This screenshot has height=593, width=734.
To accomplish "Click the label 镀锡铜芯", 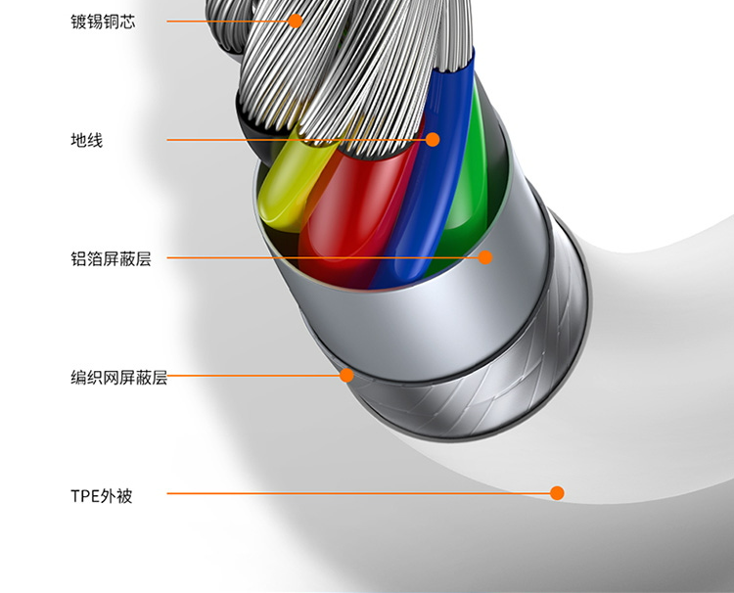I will [103, 21].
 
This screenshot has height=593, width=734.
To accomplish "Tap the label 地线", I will [86, 140].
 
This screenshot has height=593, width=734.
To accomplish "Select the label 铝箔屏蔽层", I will [111, 259].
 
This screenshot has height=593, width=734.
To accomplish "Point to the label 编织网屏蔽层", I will [118, 378].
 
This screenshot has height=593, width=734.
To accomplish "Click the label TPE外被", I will [101, 495].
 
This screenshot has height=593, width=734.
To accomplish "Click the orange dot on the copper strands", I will [295, 20].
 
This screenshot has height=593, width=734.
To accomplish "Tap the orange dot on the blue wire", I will [433, 139].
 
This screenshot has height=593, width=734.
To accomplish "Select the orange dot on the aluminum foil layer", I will [485, 257].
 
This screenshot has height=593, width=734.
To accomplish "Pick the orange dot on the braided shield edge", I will [346, 375].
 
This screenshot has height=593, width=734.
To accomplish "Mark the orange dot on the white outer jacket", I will [557, 493].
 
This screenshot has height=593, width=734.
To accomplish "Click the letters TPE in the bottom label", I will [85, 496].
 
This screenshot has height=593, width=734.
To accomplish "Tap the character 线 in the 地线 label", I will [94, 140].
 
